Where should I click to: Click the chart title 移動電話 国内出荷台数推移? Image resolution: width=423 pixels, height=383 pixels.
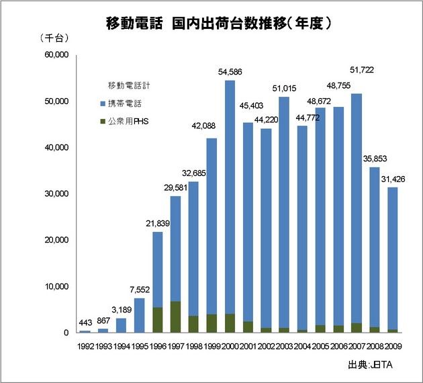(211, 23)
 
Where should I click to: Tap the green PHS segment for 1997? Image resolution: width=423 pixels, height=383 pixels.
(175, 316)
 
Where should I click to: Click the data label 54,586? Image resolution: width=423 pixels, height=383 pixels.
(230, 72)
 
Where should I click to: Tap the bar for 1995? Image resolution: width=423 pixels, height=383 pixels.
(139, 315)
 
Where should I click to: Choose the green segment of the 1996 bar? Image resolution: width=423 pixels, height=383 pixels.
(157, 320)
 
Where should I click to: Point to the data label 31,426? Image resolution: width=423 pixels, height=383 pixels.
(393, 179)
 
